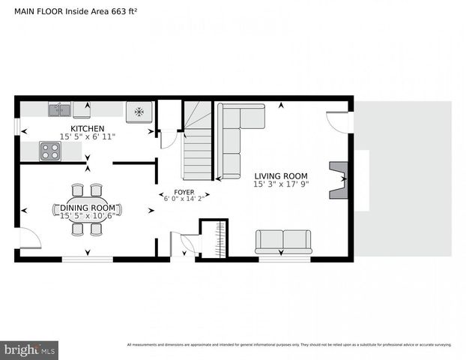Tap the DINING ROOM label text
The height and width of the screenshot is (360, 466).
pos(88,208)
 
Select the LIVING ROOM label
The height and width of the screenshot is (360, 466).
pos(281,175)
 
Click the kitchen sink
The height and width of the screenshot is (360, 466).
pos(59,110)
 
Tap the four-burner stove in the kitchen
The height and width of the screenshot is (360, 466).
pos(50,151)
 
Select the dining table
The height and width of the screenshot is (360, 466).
pos(87,209)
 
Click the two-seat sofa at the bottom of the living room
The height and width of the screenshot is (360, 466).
pos(283,241)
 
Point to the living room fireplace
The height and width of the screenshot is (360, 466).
pos(339,179)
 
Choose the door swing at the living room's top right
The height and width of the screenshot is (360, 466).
pos(339,121)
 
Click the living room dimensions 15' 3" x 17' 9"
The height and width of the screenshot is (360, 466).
pos(281,184)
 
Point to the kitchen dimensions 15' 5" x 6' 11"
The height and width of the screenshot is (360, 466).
pos(88,136)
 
